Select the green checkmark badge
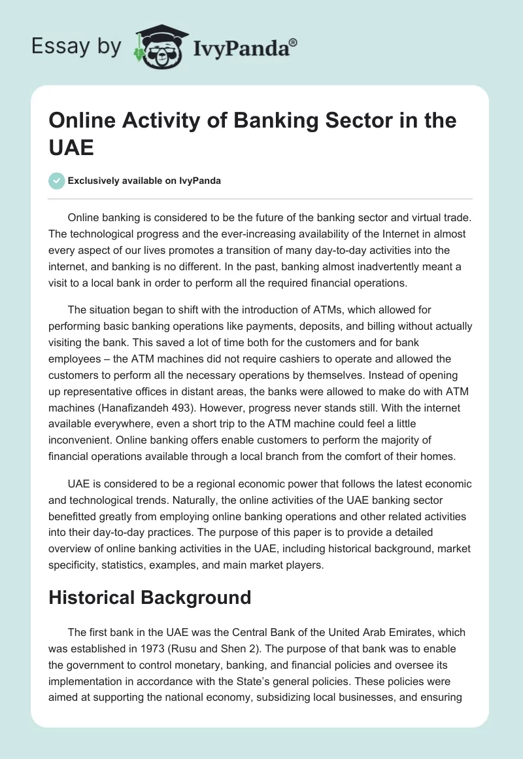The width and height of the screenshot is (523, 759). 57,181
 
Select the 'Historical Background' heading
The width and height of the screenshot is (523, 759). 150,597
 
